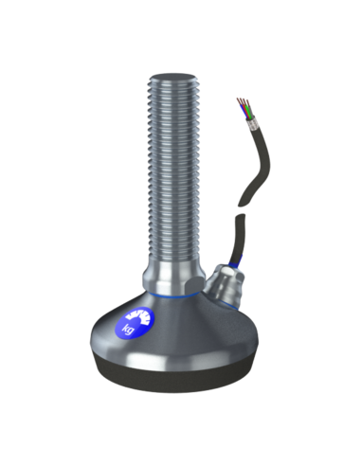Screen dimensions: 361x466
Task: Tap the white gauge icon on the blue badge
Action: coord(137,317)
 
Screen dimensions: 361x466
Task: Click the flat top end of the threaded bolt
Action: coord(171,79)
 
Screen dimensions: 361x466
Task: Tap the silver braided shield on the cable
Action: coord(252,124)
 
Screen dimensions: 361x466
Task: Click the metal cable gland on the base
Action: coord(225,284)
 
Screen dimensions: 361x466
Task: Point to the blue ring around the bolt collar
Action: coord(172,296)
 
